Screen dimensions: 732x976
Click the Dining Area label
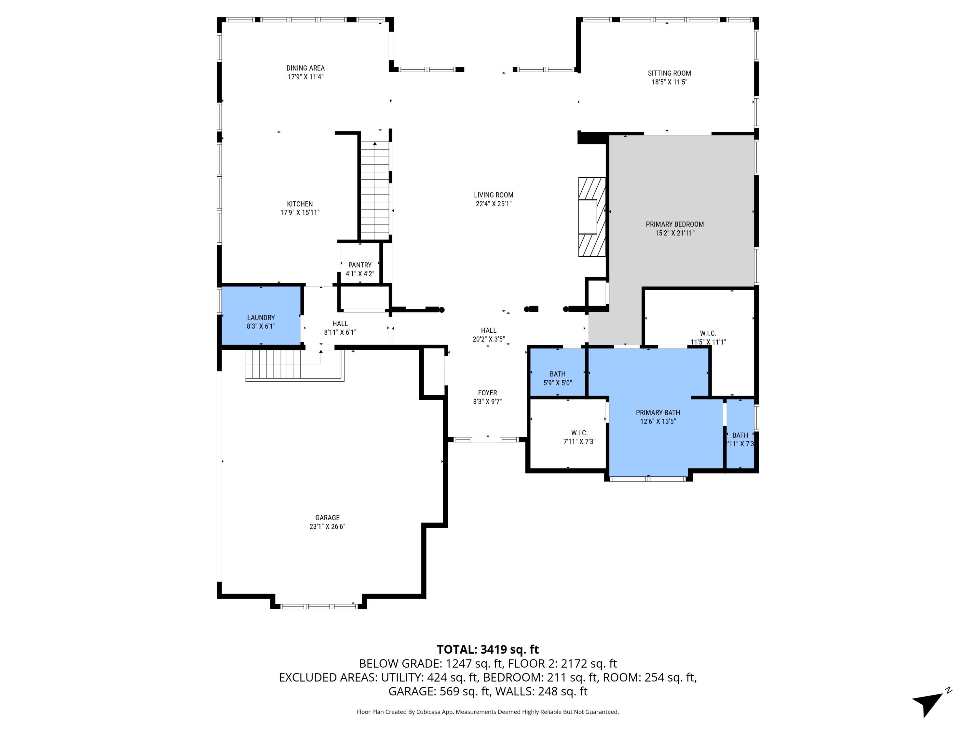tap(305, 68)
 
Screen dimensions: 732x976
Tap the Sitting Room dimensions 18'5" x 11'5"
tap(669, 82)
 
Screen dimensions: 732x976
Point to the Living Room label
tap(493, 195)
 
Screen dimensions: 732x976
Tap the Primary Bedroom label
tap(675, 224)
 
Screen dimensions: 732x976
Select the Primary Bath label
tap(657, 413)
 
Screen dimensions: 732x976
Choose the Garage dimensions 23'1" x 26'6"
tap(327, 526)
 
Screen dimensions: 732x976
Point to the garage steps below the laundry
tap(282, 364)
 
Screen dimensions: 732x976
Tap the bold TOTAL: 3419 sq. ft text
tap(488, 649)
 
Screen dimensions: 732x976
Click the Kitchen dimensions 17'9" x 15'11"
tap(300, 213)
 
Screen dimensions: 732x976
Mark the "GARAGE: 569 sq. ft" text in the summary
tap(439, 691)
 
